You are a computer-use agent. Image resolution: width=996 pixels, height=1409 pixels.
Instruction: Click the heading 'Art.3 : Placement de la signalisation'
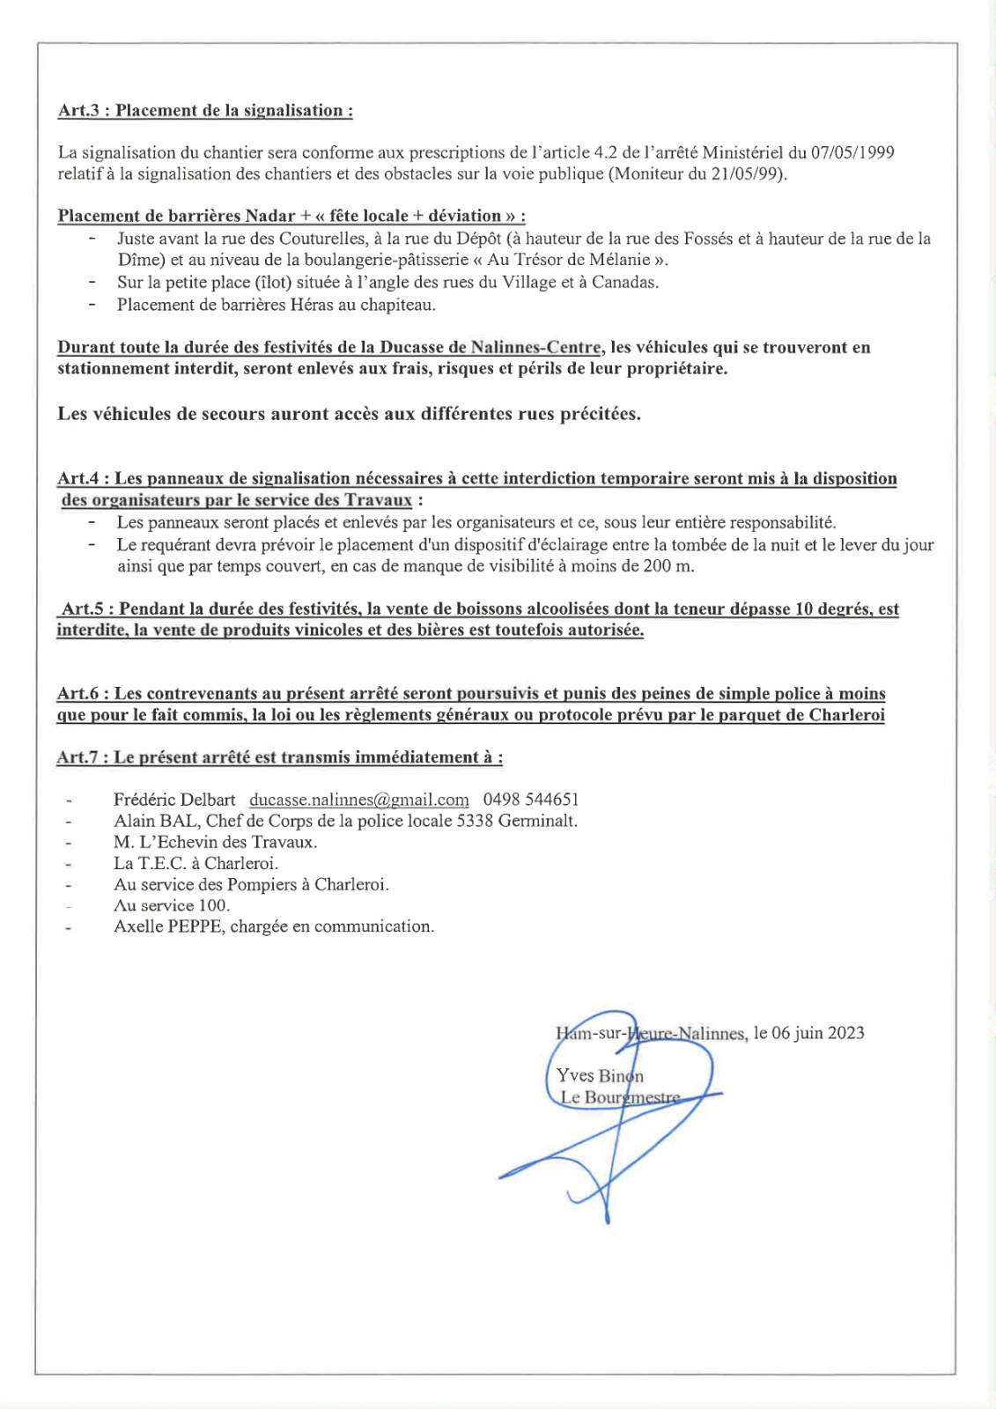point(205,111)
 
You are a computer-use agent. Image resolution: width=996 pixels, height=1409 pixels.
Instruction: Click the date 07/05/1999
point(852,152)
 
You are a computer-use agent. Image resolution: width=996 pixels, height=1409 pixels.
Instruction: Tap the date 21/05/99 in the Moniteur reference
point(747,173)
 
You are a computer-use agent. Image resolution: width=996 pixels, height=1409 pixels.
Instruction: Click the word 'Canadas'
point(624,282)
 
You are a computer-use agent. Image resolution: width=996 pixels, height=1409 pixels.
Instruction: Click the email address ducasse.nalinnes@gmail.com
point(358,800)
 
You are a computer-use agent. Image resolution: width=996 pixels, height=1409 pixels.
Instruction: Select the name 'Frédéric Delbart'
point(174,800)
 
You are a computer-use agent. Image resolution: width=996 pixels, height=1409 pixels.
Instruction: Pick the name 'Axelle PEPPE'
point(167,926)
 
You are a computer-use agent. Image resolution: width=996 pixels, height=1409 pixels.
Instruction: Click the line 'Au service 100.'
point(171,905)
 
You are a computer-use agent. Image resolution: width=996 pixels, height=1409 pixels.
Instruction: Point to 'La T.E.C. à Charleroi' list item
point(196,863)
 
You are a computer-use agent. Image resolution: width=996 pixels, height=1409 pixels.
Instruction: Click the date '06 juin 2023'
point(817,1033)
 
